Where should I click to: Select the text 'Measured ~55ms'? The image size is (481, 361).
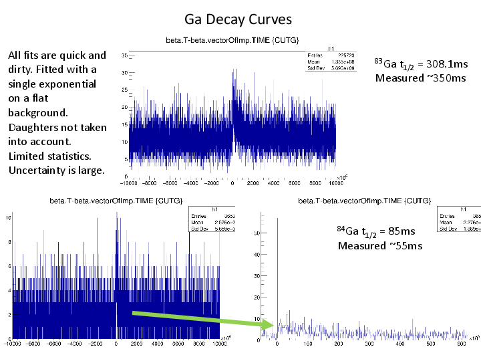click(x=379, y=245)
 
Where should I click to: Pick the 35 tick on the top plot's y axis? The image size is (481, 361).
click(x=124, y=55)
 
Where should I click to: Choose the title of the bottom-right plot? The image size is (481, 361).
click(x=364, y=200)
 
